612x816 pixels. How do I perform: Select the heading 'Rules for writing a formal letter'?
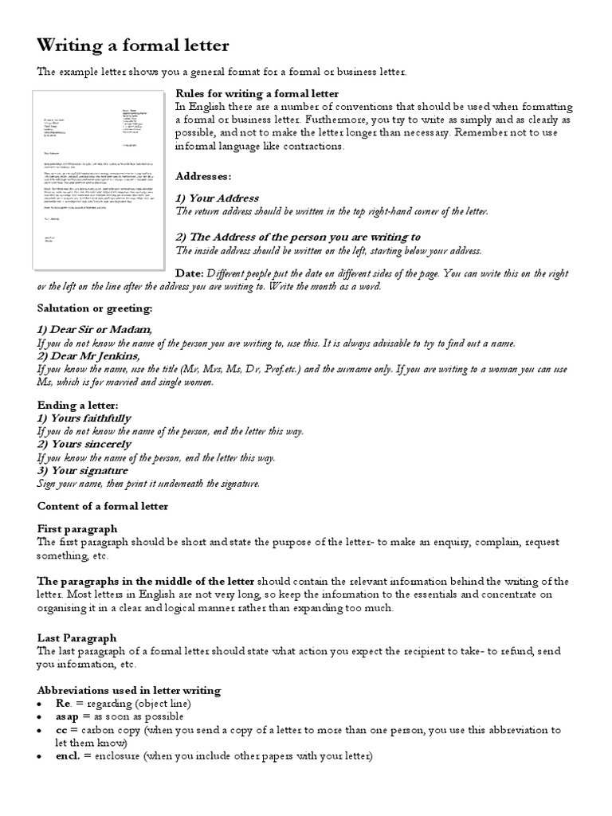coord(257,94)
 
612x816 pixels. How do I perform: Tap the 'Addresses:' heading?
coord(203,175)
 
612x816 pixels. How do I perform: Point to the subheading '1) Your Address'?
coord(217,198)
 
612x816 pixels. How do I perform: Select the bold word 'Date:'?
coord(189,273)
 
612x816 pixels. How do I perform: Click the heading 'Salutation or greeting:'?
coord(94,308)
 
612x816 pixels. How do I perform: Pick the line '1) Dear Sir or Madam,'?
coord(94,330)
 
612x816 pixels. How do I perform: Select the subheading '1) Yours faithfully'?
coord(84,418)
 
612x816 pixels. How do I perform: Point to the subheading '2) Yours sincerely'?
coord(84,444)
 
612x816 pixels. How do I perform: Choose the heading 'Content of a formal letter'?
coord(103,506)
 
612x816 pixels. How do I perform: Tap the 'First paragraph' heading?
coord(77,528)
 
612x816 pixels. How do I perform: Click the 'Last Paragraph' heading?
coord(76,637)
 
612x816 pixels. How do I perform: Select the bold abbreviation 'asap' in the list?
coord(67,716)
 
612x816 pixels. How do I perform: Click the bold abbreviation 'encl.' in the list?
coord(68,755)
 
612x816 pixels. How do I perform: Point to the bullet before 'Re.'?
coord(41,704)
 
